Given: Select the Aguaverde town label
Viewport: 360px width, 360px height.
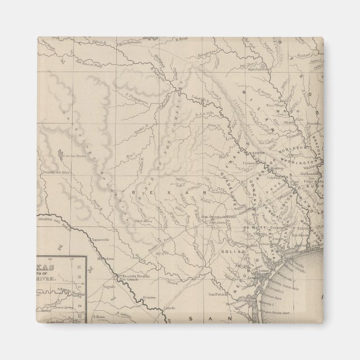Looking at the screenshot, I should (x=100, y=238).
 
